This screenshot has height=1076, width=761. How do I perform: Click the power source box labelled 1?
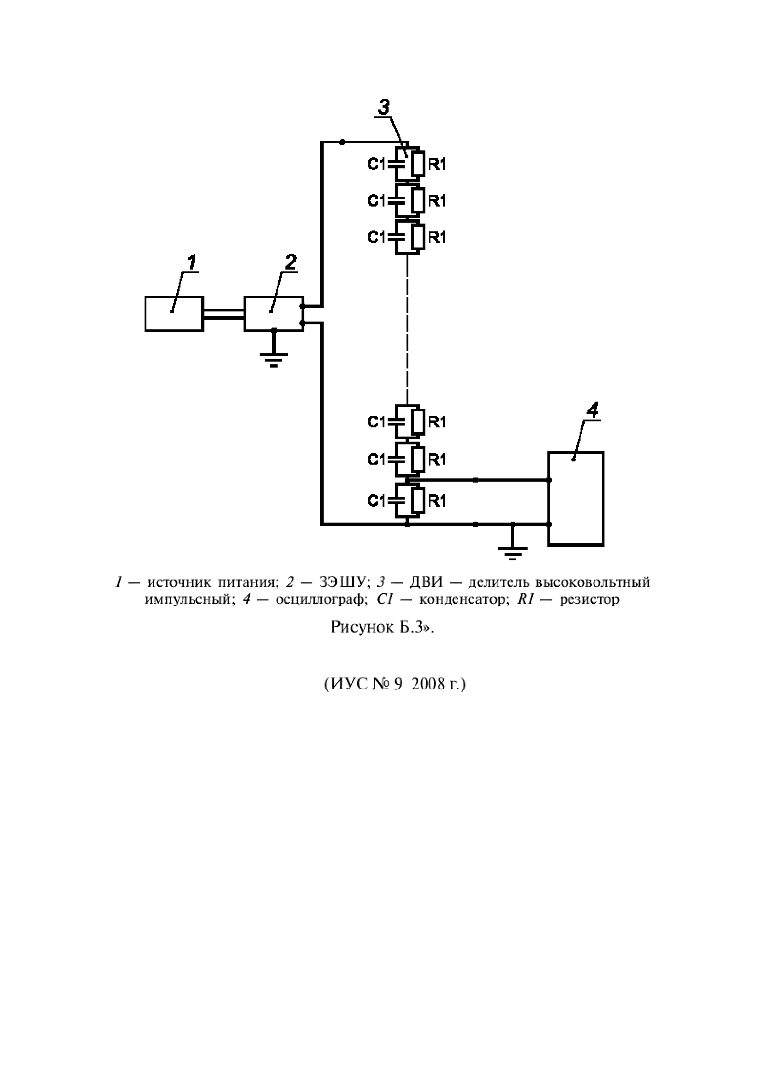point(174,314)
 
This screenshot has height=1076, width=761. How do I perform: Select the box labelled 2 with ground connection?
point(274,314)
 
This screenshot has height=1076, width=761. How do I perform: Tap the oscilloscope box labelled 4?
point(576,499)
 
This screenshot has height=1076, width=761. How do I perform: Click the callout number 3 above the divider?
point(383,108)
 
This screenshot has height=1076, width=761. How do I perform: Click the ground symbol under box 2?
point(274,360)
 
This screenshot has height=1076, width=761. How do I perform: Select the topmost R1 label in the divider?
point(437,165)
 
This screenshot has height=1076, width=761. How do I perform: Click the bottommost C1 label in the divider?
point(377,501)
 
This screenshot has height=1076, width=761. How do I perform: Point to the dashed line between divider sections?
point(407,328)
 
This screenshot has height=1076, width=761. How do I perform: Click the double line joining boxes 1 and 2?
point(224,314)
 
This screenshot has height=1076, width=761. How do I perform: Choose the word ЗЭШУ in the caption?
point(342,582)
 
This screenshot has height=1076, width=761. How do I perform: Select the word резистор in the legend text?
point(589,599)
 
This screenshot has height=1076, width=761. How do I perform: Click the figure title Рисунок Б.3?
point(380,627)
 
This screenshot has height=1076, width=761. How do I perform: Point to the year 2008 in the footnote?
point(429,685)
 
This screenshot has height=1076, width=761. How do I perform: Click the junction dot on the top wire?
point(342,142)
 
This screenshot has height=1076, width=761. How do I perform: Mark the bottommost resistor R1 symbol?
point(418,501)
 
